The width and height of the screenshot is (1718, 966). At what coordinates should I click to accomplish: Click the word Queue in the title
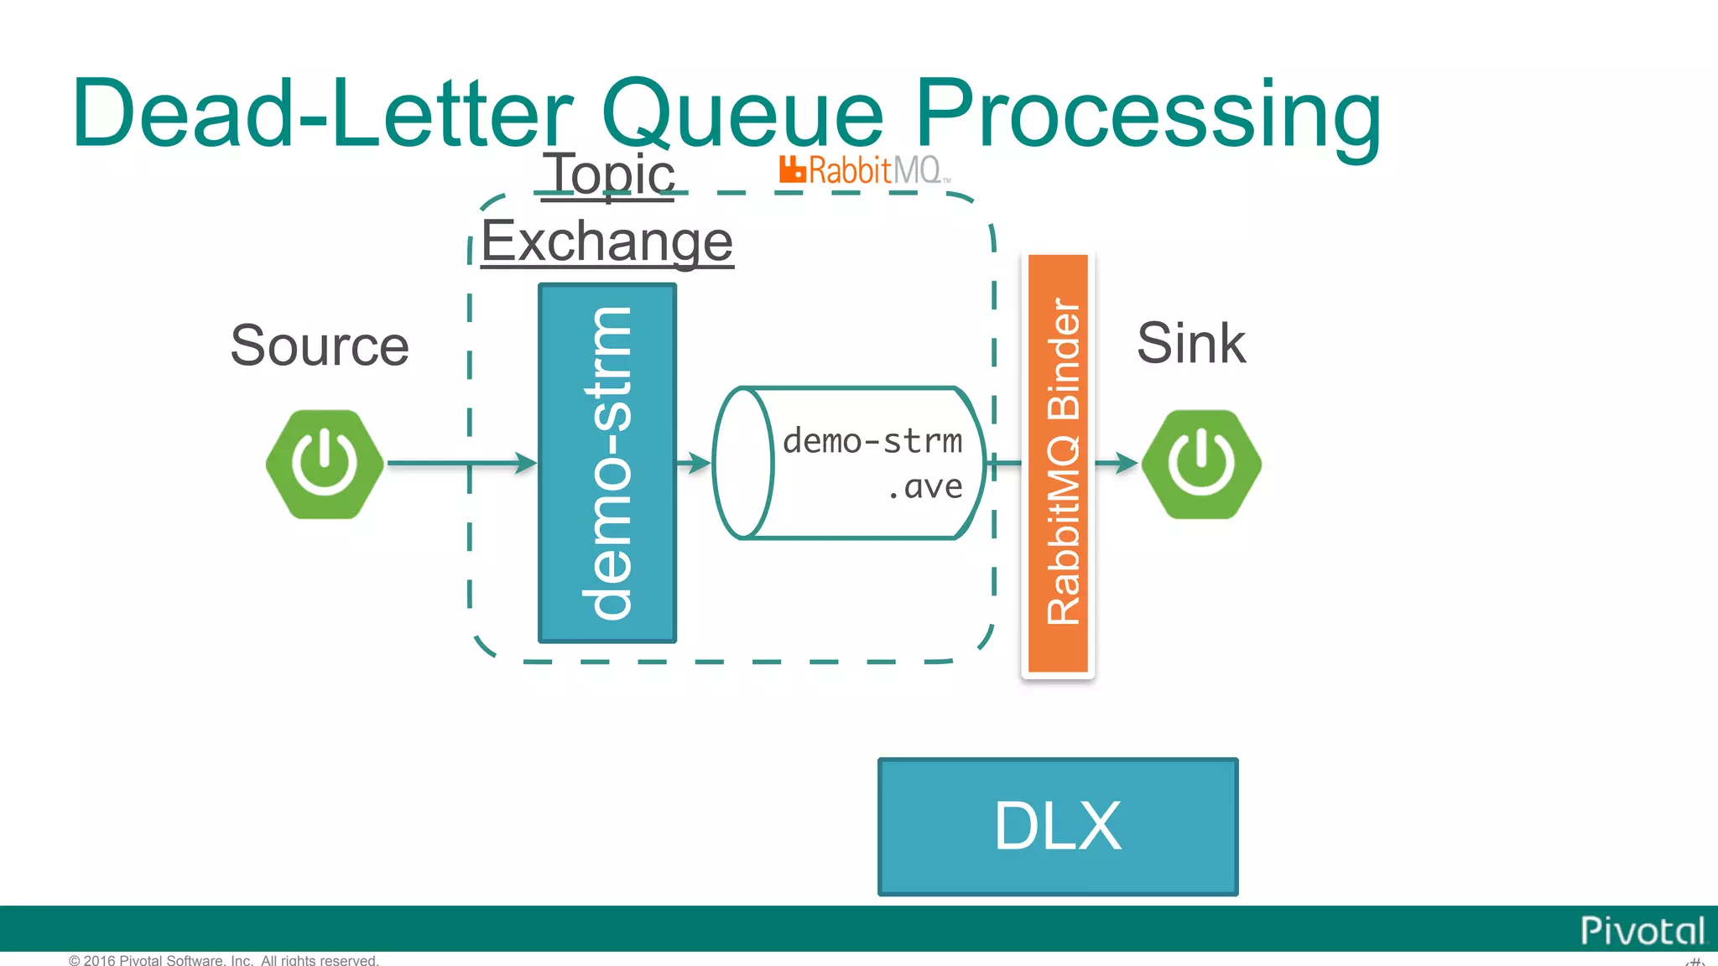coord(742,113)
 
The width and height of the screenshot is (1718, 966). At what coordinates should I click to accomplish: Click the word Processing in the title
coord(1147,113)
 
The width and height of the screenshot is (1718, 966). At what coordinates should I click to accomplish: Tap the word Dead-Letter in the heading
coord(323,113)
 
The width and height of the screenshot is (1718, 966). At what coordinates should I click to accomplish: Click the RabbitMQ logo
coord(864,170)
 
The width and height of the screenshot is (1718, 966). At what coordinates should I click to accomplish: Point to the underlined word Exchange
coord(607,241)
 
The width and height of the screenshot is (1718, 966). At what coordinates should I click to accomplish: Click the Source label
coord(320,345)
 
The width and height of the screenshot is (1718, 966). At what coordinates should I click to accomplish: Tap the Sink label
coord(1191,343)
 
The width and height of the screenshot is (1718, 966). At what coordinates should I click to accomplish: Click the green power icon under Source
coord(325,464)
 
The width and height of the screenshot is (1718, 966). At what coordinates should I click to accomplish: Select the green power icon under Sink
coord(1201,464)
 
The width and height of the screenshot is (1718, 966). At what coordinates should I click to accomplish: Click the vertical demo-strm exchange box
coord(607,463)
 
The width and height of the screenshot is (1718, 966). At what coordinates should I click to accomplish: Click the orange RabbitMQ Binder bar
coord(1059,463)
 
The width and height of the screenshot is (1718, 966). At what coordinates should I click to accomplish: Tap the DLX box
coord(1058,827)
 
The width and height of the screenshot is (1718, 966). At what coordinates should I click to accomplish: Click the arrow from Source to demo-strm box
coord(461,463)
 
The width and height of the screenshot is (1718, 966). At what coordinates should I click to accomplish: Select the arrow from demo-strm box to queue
coord(694,463)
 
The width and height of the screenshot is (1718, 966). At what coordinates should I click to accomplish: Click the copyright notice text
coord(224,960)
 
